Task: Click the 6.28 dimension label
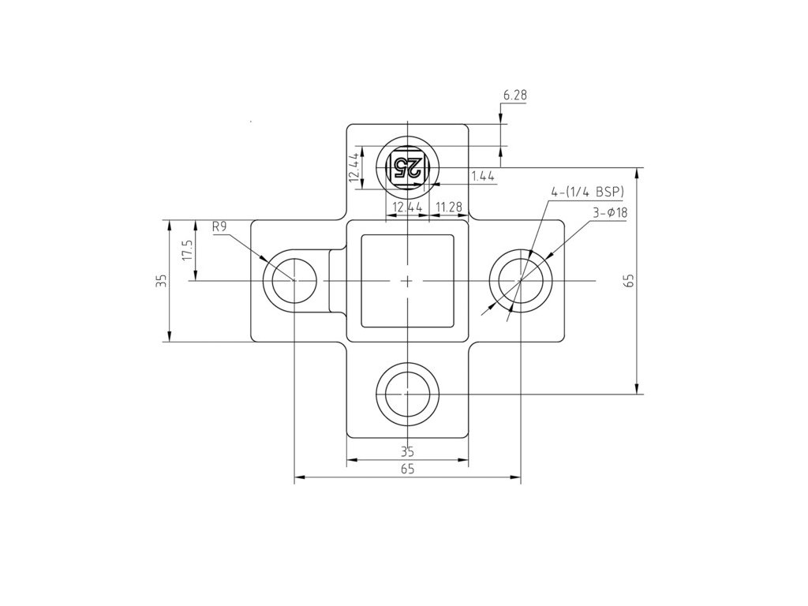(514, 95)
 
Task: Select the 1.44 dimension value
(483, 176)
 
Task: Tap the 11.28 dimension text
(448, 208)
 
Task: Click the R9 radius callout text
(219, 226)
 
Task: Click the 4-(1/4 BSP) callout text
(587, 193)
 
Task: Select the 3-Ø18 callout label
(610, 213)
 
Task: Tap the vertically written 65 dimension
(629, 281)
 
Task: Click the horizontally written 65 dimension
(407, 469)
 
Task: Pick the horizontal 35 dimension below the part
(407, 452)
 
